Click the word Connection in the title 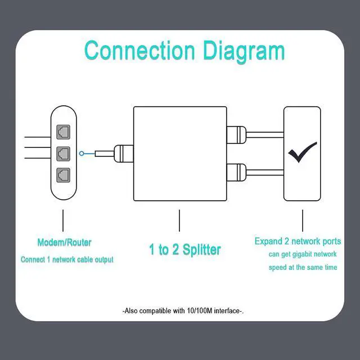tap(139, 51)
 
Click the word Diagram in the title tap(240, 51)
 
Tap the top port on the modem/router tap(63, 132)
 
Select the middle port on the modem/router tap(63, 153)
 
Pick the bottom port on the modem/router tap(63, 174)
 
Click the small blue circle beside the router tap(83, 153)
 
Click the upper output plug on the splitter tap(236, 134)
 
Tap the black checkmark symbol tap(303, 152)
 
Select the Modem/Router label tap(64, 243)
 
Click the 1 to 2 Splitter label tap(185, 250)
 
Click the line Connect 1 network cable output tap(67, 260)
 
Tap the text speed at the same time tap(303, 267)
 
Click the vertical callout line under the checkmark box tap(303, 220)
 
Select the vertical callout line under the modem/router tap(63, 220)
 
